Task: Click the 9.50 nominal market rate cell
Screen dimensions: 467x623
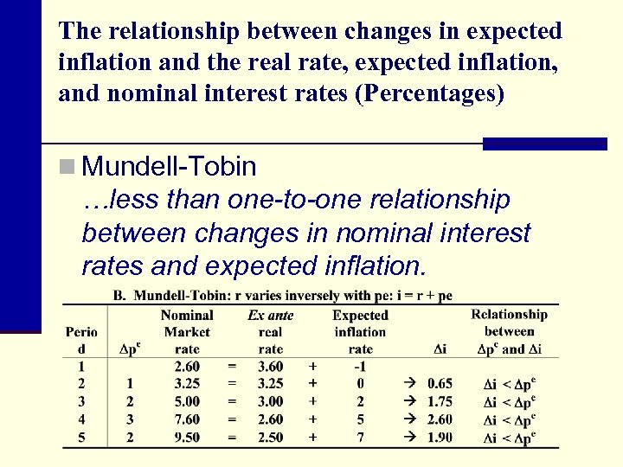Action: coord(187,438)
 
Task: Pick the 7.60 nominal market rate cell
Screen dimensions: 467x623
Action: coord(187,419)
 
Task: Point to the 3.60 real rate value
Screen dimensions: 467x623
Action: coord(270,366)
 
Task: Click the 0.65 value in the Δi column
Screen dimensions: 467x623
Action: coord(440,383)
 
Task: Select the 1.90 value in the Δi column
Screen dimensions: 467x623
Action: coord(440,438)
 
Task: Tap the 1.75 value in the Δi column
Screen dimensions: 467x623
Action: coord(440,401)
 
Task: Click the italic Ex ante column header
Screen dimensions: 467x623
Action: coord(270,316)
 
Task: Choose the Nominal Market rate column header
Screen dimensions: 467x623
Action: coord(187,332)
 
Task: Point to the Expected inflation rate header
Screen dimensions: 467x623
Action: coord(360,332)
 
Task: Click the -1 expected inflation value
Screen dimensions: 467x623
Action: coord(360,366)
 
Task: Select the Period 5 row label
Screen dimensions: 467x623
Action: coord(80,438)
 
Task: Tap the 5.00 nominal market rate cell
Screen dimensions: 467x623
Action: coord(187,401)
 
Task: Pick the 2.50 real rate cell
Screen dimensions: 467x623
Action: coord(270,438)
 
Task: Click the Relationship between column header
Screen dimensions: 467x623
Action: coord(509,323)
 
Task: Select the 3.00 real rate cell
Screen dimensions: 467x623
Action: coord(270,401)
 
